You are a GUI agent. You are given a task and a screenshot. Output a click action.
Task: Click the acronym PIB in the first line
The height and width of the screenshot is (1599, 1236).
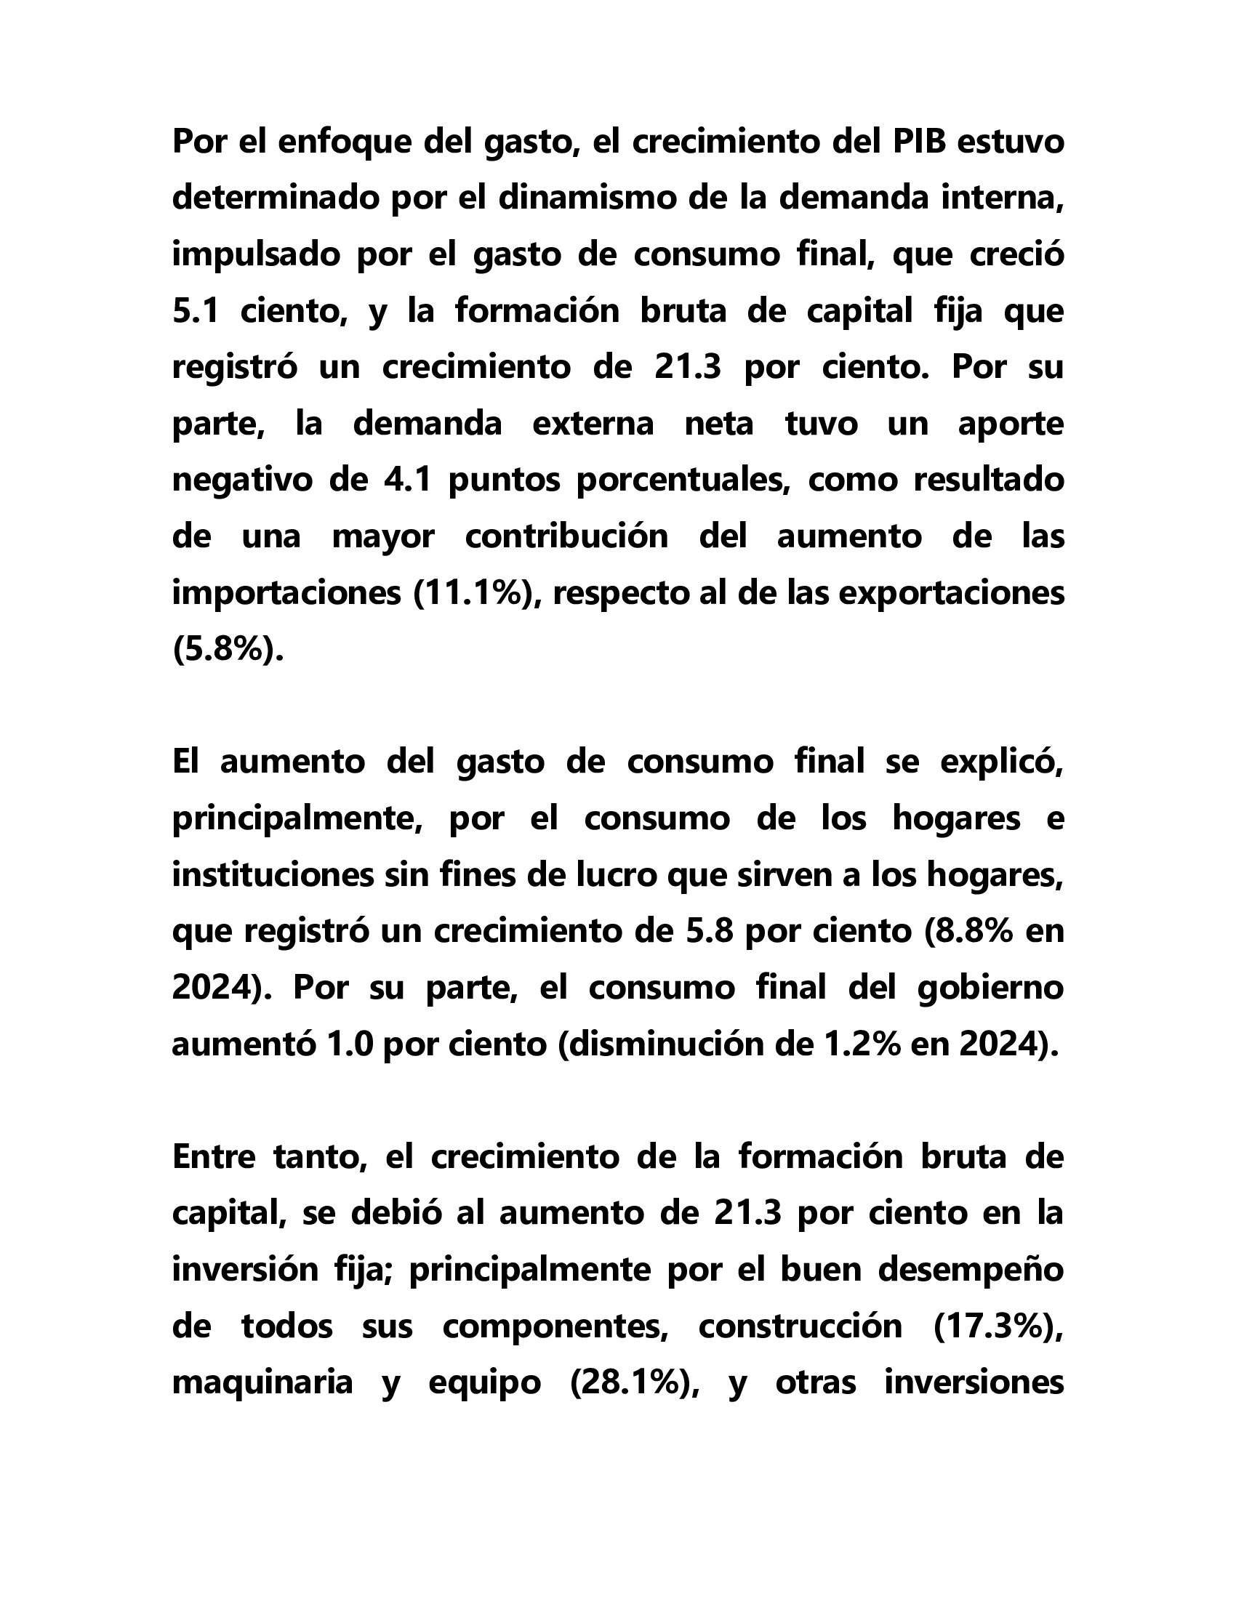tap(919, 142)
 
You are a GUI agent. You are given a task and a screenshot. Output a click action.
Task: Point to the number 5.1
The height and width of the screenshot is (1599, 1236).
tap(196, 311)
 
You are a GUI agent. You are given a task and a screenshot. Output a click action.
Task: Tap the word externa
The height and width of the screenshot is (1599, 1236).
tap(593, 424)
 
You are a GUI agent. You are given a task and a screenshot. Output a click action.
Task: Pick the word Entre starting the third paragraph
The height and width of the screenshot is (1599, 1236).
tap(214, 1157)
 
